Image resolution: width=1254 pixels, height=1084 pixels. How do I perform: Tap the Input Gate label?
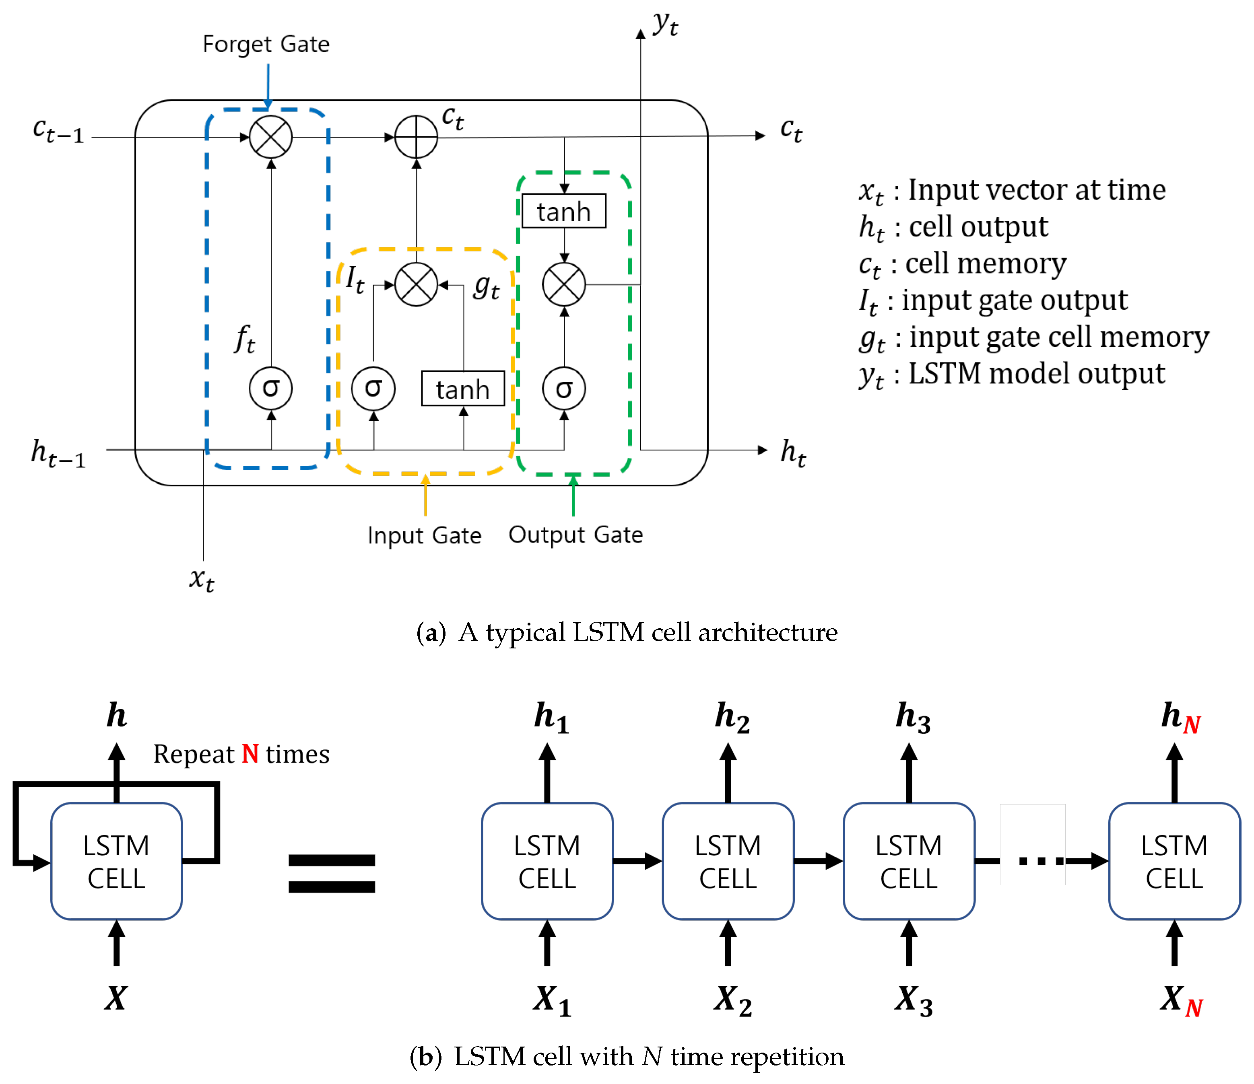click(x=424, y=535)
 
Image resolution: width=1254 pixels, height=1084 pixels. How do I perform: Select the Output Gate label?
click(x=575, y=535)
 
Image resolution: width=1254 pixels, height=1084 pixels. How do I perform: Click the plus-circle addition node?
click(x=417, y=137)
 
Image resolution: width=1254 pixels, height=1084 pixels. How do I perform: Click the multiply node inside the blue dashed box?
click(x=271, y=137)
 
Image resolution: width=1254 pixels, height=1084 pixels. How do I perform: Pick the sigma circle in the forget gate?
click(x=271, y=389)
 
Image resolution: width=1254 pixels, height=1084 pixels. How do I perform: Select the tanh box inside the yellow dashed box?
click(x=463, y=389)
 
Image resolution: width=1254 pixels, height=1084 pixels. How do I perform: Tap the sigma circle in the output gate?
click(x=564, y=389)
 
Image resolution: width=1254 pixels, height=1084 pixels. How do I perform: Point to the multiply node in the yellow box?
click(x=417, y=284)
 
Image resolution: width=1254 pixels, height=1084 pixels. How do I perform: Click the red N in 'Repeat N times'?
click(x=250, y=754)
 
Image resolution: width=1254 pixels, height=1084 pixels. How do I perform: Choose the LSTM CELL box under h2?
click(x=728, y=862)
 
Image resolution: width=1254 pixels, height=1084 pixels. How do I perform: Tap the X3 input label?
click(x=913, y=1000)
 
